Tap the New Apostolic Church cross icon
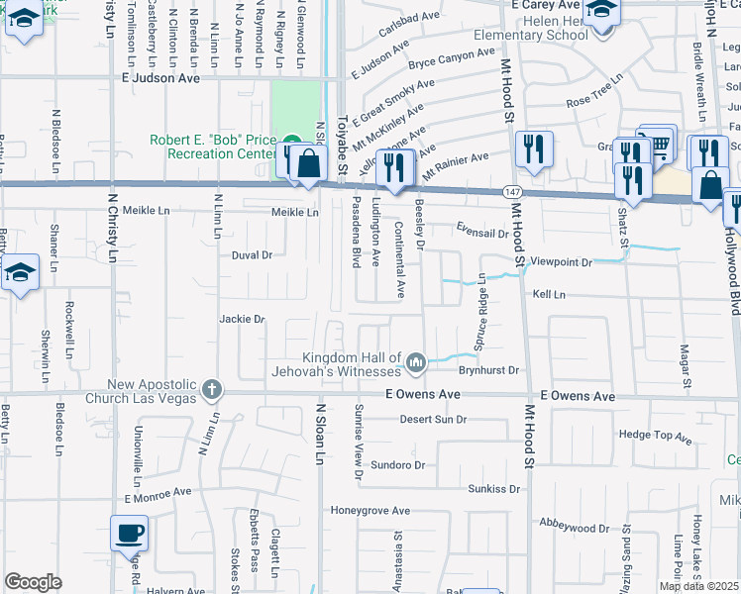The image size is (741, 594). pos(210,389)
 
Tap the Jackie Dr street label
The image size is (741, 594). pos(243,319)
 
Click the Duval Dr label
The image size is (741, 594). pos(252,254)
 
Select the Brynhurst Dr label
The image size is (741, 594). pos(488,370)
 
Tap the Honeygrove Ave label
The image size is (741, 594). pos(370,511)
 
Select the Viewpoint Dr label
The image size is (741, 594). pos(561,262)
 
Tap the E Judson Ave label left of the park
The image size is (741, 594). pos(160,76)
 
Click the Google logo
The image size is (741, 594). pos(33,582)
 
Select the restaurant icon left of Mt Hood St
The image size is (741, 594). pos(534,149)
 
